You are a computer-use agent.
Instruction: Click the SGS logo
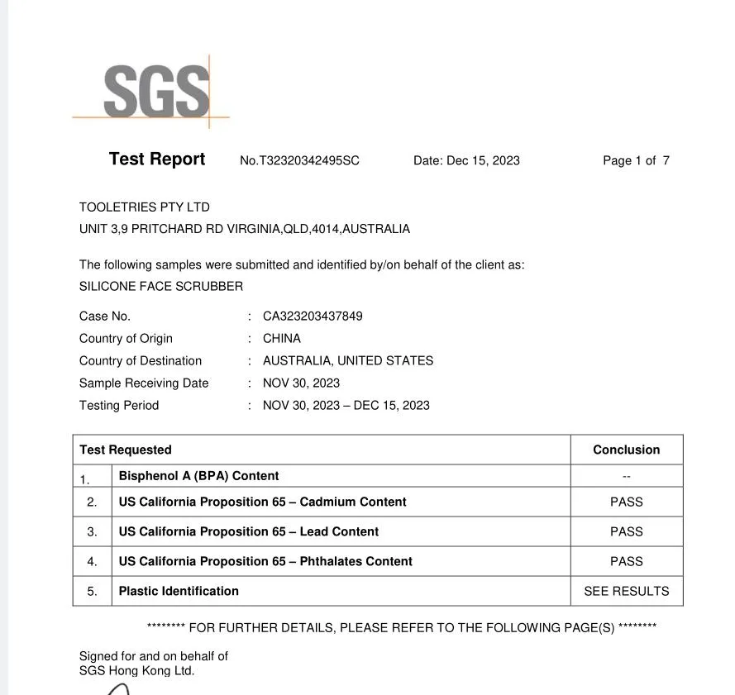click(x=156, y=92)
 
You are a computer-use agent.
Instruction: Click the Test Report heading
click(x=157, y=159)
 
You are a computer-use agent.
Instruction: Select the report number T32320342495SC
click(x=299, y=161)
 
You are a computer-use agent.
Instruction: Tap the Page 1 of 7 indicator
click(x=636, y=161)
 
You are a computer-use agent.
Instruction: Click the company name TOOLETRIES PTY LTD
click(x=145, y=207)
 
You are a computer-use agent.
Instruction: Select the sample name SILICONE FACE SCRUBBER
click(x=161, y=287)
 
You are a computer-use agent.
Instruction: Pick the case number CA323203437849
click(x=313, y=317)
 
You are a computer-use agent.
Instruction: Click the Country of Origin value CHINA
click(x=282, y=339)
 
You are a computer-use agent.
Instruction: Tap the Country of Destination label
click(x=141, y=361)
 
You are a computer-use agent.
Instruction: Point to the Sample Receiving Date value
click(x=301, y=383)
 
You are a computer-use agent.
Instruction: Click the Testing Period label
click(x=119, y=406)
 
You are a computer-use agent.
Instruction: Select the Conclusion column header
click(x=626, y=450)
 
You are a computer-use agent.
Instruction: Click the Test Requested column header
click(x=126, y=450)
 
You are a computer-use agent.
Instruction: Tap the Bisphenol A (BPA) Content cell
click(x=198, y=476)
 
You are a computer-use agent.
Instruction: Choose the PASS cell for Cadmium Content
click(x=626, y=502)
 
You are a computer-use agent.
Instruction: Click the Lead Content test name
click(x=249, y=532)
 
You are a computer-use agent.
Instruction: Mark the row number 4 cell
click(x=92, y=562)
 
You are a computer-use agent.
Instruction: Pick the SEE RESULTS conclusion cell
click(x=626, y=592)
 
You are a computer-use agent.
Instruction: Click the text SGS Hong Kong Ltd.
click(x=137, y=671)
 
